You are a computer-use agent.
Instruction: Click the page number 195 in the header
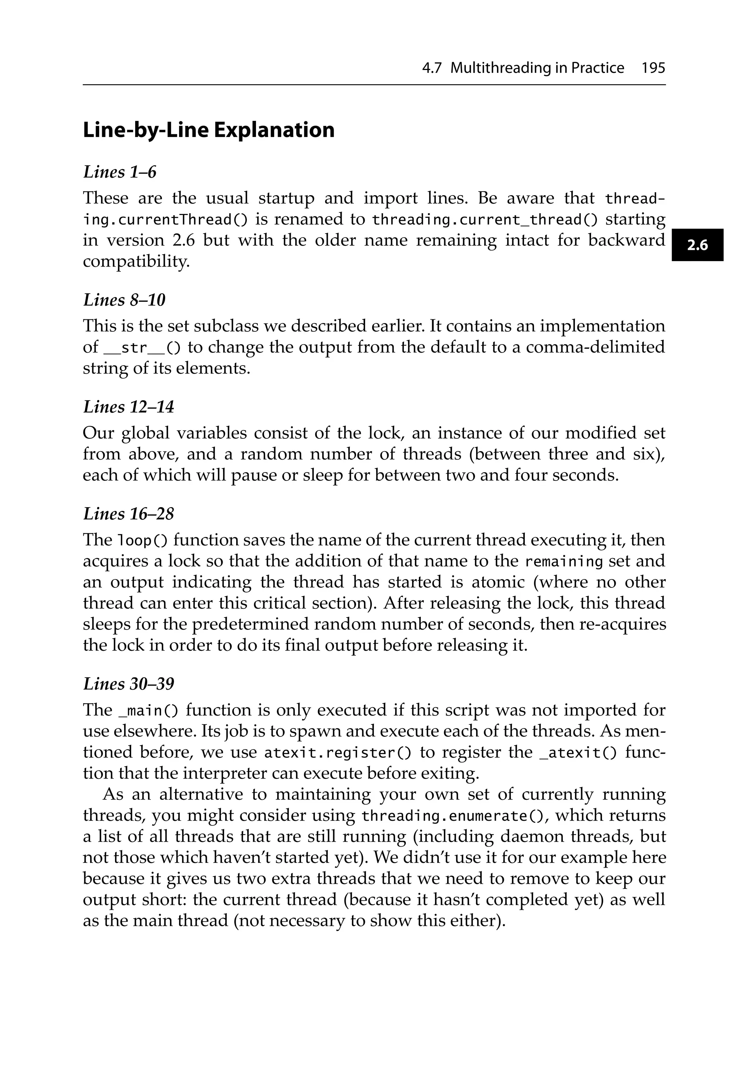click(653, 68)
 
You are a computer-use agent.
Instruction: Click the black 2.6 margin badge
click(697, 245)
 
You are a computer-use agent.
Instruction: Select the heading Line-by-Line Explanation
click(209, 130)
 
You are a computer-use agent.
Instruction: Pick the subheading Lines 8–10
click(124, 300)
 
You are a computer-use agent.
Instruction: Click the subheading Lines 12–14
click(129, 407)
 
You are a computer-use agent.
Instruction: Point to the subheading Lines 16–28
click(129, 514)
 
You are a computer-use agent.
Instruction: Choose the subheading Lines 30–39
click(129, 684)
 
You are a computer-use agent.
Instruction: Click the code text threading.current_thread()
click(485, 219)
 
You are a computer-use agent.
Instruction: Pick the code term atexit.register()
click(338, 753)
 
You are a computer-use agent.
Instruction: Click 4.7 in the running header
click(431, 68)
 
